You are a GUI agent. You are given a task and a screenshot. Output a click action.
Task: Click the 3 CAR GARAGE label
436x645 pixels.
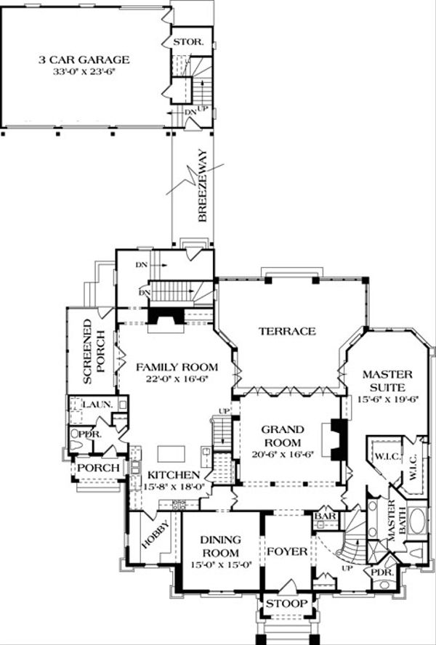pos(84,60)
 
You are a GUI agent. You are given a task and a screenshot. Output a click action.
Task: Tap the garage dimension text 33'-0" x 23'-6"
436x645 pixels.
pos(84,72)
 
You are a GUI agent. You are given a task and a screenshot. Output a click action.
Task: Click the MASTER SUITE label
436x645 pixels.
pos(387,379)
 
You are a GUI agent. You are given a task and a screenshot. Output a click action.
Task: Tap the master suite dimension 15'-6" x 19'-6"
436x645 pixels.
pos(387,399)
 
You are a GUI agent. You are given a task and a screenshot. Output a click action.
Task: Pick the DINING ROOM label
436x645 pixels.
pos(220,545)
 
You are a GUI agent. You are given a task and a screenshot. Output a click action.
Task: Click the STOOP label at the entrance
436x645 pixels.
pos(286,604)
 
